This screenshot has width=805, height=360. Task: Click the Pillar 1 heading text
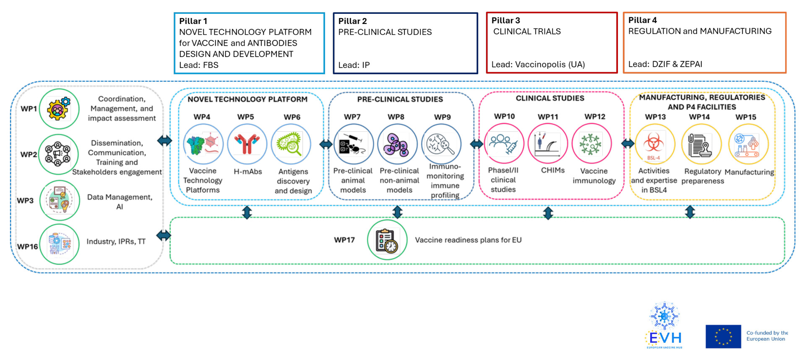click(x=193, y=21)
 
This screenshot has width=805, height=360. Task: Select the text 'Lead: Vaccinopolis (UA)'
click(x=538, y=65)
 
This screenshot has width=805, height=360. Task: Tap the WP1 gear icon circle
click(x=59, y=109)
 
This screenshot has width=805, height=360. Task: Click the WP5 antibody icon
click(x=247, y=144)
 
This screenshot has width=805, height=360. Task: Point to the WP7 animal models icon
click(x=353, y=144)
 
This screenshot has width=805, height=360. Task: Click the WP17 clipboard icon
click(x=387, y=240)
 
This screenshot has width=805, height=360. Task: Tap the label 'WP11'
click(x=548, y=117)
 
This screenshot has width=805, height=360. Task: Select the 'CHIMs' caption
click(x=552, y=170)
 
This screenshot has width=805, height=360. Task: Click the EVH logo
click(x=664, y=326)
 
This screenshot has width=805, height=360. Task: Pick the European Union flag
click(x=723, y=337)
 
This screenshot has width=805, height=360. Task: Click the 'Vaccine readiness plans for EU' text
click(x=468, y=240)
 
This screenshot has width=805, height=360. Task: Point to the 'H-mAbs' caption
click(x=247, y=172)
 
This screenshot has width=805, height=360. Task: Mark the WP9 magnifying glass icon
click(x=441, y=144)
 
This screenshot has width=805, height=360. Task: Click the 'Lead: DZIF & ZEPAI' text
click(x=665, y=64)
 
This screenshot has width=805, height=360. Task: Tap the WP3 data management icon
click(x=60, y=201)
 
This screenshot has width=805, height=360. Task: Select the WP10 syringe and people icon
click(x=504, y=143)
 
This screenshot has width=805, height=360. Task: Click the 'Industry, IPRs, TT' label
click(x=116, y=242)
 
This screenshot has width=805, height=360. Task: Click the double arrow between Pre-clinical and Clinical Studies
click(x=477, y=144)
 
